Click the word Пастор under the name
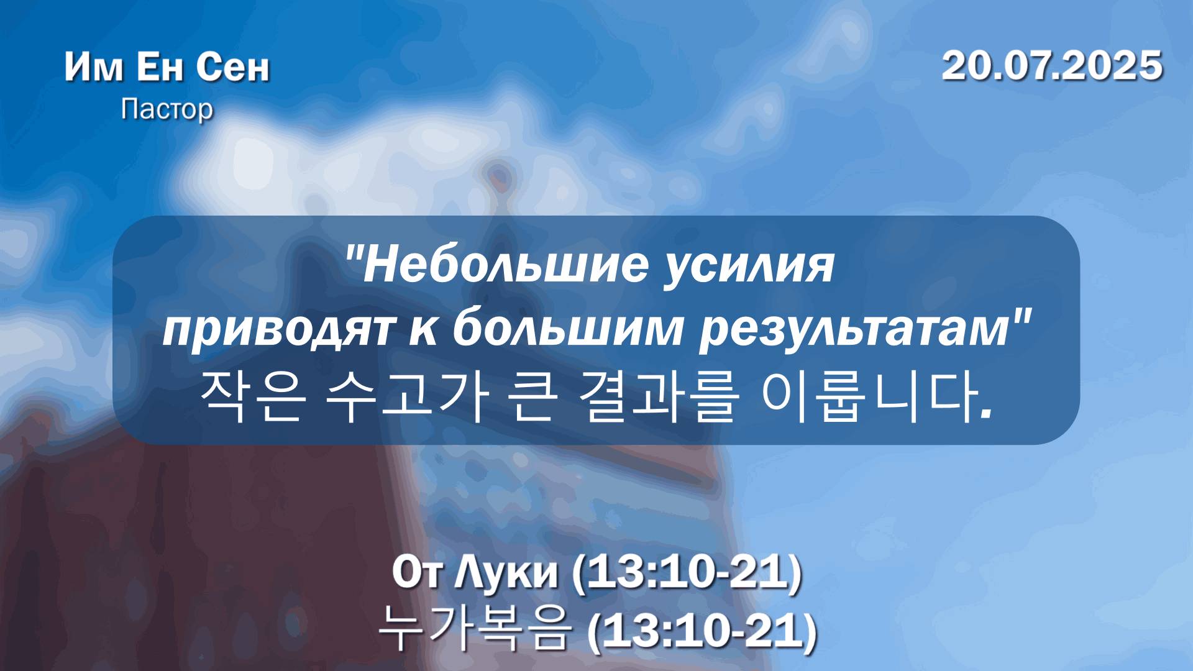pos(167,109)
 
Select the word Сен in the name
pos(234,66)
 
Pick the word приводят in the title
pos(277,330)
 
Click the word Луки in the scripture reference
pos(506,572)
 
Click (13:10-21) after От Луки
pos(687,573)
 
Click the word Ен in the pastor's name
pos(160,66)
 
